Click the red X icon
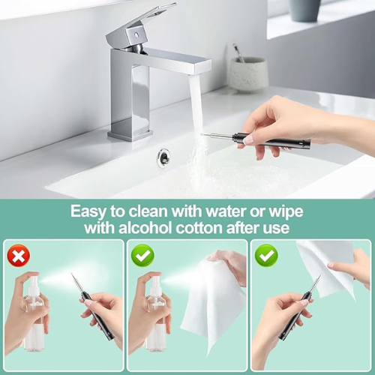coord(19,256)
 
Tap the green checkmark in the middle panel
coord(142,256)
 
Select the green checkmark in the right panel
coord(266,256)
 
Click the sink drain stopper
coord(163,157)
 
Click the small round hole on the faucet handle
coord(136,34)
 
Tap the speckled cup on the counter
coord(247,74)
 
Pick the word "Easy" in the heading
coord(88,212)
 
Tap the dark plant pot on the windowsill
coord(305,10)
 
